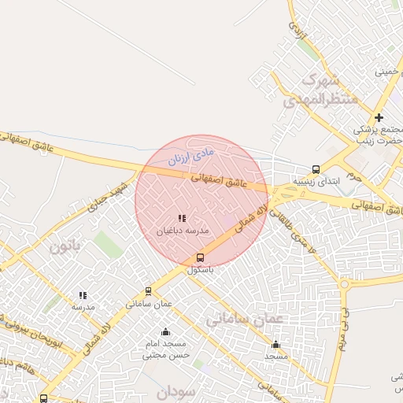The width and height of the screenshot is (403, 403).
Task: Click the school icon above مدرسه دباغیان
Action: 181,218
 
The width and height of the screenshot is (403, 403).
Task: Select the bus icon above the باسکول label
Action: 199,257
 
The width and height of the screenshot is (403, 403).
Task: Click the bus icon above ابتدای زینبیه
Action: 316,168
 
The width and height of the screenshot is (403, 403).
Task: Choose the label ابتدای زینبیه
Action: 316,180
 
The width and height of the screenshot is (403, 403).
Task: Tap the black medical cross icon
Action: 379,118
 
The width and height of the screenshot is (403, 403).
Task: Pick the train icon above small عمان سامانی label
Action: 148,291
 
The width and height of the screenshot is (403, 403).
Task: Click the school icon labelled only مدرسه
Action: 83,296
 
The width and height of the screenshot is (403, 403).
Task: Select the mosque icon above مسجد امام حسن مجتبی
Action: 165,331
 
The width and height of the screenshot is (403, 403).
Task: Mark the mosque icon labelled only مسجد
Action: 275,344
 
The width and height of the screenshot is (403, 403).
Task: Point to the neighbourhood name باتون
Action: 65,246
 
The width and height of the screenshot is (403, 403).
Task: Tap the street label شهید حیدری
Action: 107,198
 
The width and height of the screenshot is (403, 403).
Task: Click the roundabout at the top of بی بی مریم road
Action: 345,284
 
